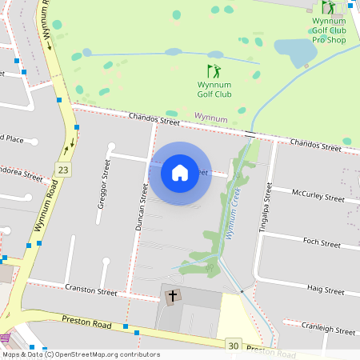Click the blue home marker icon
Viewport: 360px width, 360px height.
180,173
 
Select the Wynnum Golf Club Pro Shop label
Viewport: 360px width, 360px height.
329,30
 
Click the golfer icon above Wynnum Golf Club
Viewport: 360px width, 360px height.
214,71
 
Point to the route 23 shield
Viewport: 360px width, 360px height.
63,169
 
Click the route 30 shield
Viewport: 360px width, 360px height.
233,345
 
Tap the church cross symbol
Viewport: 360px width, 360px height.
172,296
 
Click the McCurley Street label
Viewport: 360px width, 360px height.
318,194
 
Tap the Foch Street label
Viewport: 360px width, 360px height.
322,242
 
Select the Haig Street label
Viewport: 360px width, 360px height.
325,289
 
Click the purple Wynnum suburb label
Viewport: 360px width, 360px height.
211,118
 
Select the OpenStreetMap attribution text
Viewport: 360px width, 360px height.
81,354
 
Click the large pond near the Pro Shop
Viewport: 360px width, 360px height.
300,53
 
